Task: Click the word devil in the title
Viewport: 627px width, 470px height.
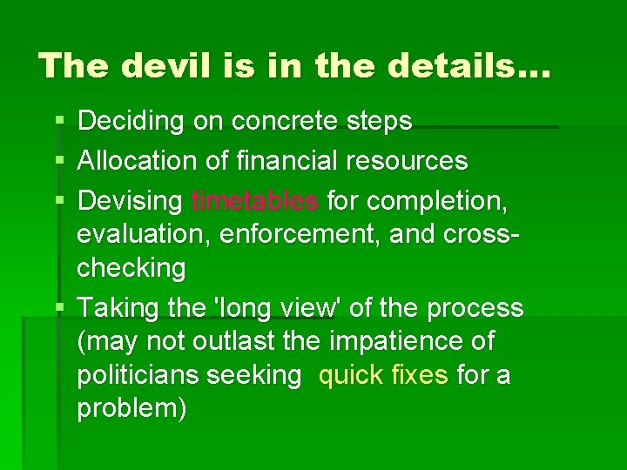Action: pyautogui.click(x=160, y=66)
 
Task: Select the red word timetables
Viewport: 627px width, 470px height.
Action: pyautogui.click(x=255, y=201)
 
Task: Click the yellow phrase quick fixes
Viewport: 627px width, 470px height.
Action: pyautogui.click(x=384, y=375)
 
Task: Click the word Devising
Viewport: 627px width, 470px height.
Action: pyautogui.click(x=131, y=201)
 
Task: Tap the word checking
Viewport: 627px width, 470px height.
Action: pyautogui.click(x=131, y=269)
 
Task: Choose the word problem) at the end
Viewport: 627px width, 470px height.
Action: pyautogui.click(x=131, y=409)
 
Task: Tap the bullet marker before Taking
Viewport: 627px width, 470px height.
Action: pyautogui.click(x=57, y=308)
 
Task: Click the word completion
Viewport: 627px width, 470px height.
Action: pyautogui.click(x=445, y=201)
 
